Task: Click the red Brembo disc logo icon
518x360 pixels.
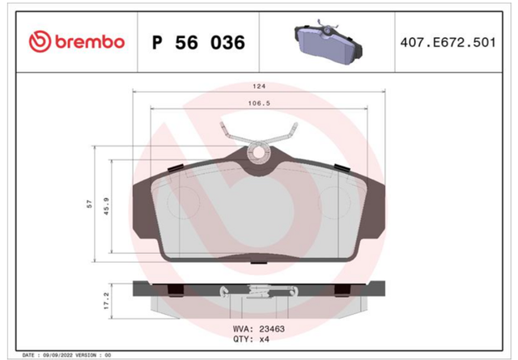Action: coord(40,41)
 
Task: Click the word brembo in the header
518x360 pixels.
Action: coord(90,42)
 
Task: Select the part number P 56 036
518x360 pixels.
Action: coord(198,43)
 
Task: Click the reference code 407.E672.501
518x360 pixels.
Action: coord(448,43)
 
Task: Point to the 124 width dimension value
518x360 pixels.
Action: coord(259,87)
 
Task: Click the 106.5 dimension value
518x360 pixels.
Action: coord(259,104)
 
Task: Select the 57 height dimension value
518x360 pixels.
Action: coord(89,204)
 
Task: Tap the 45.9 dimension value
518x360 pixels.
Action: coord(106,206)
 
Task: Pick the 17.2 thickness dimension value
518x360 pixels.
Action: coord(106,301)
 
